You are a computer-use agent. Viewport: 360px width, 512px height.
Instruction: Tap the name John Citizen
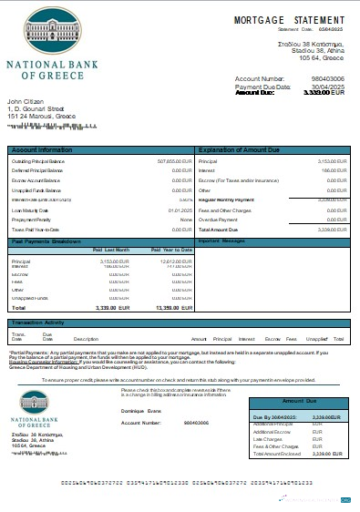(x=26, y=101)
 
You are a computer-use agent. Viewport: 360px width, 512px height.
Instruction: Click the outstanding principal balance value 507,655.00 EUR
(x=173, y=161)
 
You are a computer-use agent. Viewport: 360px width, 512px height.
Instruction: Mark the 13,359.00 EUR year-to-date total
(x=174, y=309)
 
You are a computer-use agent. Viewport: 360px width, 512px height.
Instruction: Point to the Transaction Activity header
(x=37, y=322)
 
